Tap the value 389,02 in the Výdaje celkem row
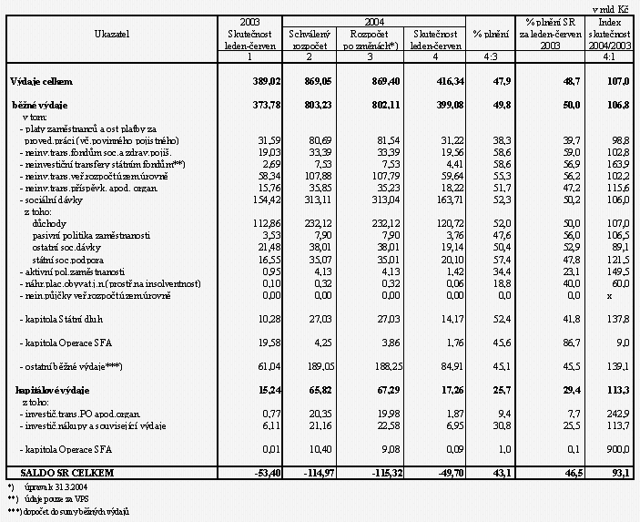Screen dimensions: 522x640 [255, 81]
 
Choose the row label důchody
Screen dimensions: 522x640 [48, 221]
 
